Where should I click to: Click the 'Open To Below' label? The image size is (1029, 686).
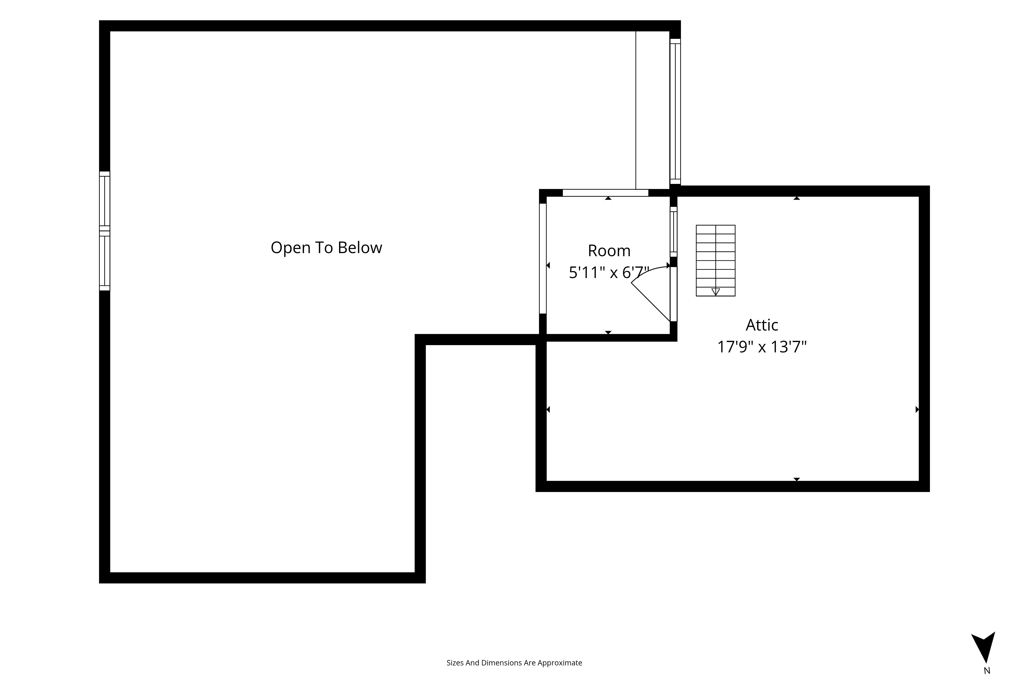(x=326, y=248)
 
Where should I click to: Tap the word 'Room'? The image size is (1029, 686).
(x=609, y=251)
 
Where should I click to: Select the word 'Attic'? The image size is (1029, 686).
(x=762, y=325)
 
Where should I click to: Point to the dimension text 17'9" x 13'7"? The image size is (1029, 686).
(x=762, y=347)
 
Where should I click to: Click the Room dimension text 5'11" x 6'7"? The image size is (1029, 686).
(x=609, y=273)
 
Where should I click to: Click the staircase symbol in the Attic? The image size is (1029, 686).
(x=715, y=261)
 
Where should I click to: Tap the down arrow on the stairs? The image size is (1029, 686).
(x=715, y=292)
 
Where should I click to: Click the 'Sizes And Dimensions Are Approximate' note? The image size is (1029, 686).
(x=514, y=663)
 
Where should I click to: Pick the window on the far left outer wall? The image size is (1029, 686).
(x=104, y=231)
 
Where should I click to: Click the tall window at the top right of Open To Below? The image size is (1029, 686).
(x=675, y=112)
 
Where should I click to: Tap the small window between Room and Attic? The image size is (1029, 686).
(x=674, y=232)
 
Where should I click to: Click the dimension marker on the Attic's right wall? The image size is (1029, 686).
(x=917, y=409)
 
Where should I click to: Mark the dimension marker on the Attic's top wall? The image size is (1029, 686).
(x=797, y=198)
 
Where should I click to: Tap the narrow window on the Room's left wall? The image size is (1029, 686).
(x=543, y=259)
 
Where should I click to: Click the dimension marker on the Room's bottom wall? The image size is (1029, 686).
(x=608, y=333)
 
